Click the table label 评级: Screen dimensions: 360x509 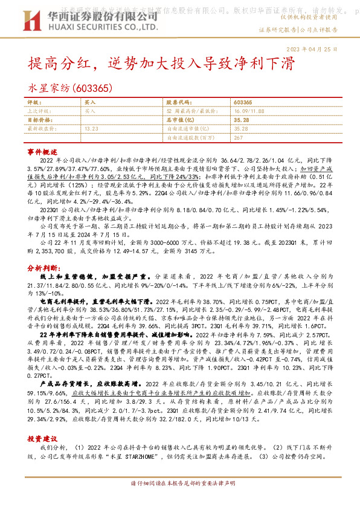pos(34,103)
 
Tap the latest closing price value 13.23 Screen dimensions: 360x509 pos(92,129)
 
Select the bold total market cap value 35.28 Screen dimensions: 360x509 pos(241,120)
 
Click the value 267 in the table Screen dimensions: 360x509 pos(238,137)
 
